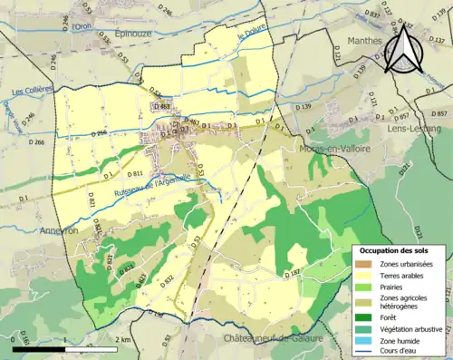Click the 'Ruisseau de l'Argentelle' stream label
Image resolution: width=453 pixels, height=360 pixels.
[x=151, y=184]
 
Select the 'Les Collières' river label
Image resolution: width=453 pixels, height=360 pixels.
[x=31, y=91]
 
